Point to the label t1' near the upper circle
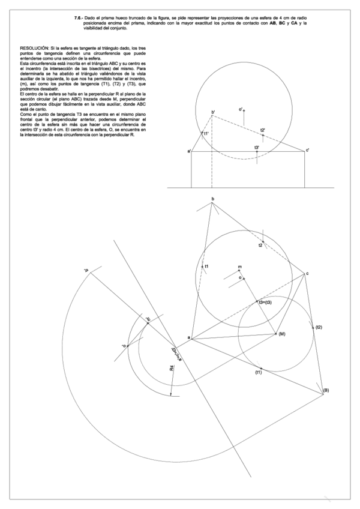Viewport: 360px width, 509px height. (x=206, y=133)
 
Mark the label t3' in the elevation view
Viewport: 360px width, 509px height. (x=257, y=148)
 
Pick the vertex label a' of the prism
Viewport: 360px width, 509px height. (x=189, y=151)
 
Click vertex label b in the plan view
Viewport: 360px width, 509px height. (x=212, y=198)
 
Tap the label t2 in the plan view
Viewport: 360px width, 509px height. (x=260, y=245)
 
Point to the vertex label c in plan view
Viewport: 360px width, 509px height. (x=308, y=274)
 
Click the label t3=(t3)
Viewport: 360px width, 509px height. (x=265, y=302)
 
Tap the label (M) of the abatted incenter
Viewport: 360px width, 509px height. (x=281, y=334)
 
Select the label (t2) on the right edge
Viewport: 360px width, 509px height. (x=319, y=327)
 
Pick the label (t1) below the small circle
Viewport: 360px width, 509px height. (x=257, y=373)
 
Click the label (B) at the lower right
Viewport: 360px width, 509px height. (x=326, y=391)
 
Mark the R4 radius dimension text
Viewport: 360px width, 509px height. (x=172, y=368)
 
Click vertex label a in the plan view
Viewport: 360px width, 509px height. (x=190, y=339)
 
